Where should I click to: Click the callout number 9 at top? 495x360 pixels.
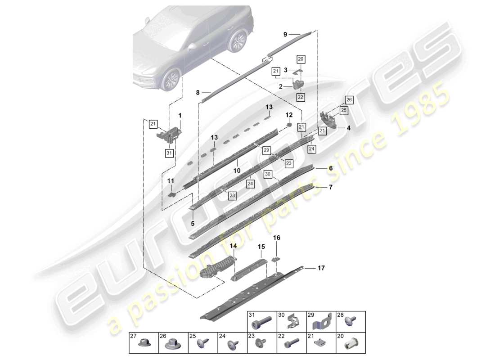click(x=285, y=34)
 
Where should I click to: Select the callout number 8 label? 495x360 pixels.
click(x=197, y=93)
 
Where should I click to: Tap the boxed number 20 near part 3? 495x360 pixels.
click(x=301, y=59)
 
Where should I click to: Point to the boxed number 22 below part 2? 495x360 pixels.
click(x=300, y=96)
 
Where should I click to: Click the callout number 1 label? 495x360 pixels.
click(x=180, y=116)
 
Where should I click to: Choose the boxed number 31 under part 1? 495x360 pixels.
click(x=169, y=153)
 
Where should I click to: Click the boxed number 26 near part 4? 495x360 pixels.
click(x=349, y=99)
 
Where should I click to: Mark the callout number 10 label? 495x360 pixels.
click(x=237, y=171)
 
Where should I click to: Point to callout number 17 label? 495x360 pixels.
click(x=321, y=268)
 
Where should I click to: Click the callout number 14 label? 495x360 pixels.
click(x=233, y=246)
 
